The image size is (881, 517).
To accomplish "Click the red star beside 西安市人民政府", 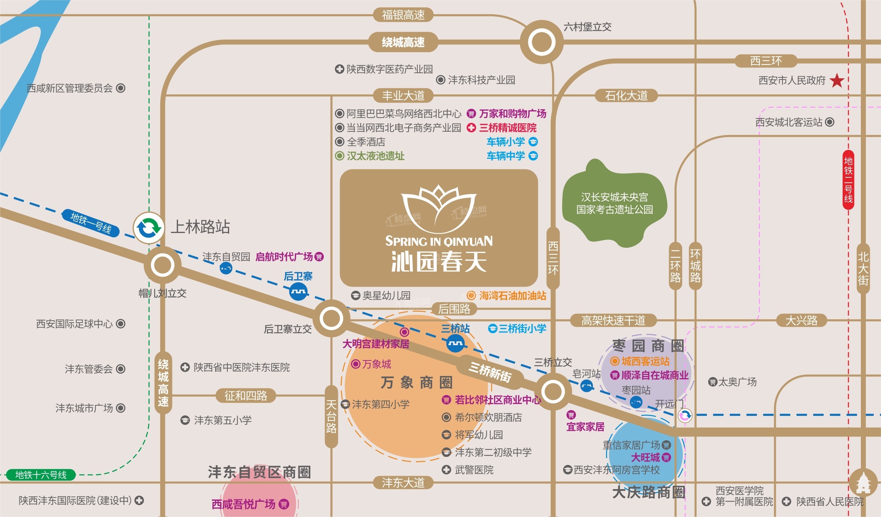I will coord(837,81).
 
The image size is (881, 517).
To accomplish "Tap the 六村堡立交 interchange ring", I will coord(541,42).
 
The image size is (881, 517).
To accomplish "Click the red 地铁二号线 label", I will coord(848,180).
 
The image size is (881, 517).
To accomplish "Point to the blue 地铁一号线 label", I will coord(91,223).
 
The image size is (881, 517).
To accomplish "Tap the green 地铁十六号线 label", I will coord(41,475).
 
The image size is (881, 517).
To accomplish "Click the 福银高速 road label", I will coord(403,15).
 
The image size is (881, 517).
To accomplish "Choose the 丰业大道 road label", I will coord(403,95).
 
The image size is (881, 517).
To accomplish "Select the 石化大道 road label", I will coord(626,95).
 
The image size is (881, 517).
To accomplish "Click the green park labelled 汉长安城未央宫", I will coord(614,204).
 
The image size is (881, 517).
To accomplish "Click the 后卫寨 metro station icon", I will coord(298,292).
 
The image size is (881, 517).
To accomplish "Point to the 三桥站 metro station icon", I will coord(456,343).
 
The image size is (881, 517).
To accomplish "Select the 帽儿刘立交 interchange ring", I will coord(162,265).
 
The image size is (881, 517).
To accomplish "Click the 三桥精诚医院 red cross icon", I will coord(471,128).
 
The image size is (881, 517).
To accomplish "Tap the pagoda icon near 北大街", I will coord(863,483).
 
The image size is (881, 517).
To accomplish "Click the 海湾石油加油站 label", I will coord(512,295).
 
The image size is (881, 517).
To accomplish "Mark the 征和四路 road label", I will coord(246,395).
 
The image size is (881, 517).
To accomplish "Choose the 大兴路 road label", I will coord(801,321).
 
